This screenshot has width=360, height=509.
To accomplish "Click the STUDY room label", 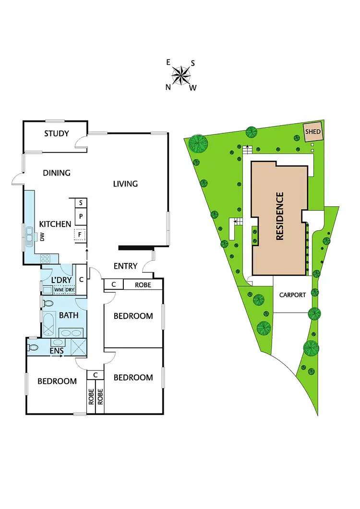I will point(57,133).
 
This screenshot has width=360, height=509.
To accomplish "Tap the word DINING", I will point(57,173).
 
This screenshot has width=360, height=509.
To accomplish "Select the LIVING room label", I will point(125,183).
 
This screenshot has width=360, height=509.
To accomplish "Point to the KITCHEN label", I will point(55,224).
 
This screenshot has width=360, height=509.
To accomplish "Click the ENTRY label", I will point(126,266).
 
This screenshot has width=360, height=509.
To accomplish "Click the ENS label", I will point(56,351).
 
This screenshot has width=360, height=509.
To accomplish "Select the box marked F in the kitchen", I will point(81,235).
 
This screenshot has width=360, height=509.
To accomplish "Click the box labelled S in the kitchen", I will point(81,203).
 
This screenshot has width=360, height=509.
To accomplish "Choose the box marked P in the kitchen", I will point(81,217).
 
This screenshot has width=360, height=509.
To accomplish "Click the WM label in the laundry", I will point(59,290).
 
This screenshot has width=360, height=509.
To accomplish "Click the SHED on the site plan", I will point(313,131).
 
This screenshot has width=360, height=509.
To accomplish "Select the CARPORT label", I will point(292,295).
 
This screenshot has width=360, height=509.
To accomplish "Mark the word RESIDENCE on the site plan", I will point(280,216).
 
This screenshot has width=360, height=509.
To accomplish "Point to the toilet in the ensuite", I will point(33,346).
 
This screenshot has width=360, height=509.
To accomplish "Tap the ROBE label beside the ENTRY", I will point(143,284).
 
